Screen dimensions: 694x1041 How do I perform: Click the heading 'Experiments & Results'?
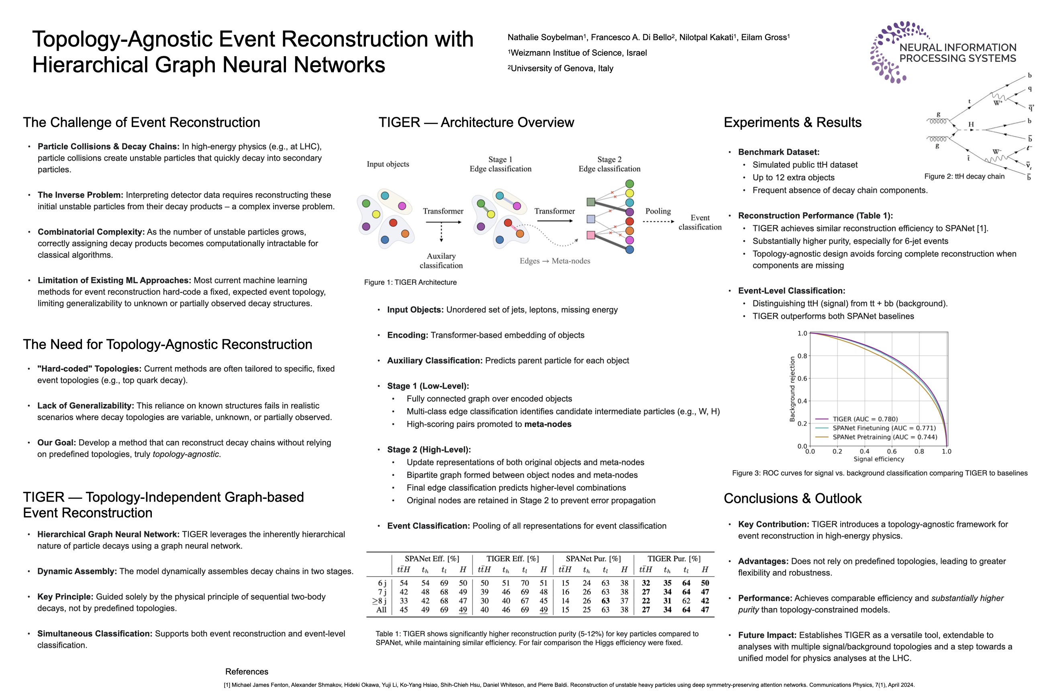coord(792,122)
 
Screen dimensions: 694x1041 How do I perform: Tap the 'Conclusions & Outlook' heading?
coord(792,498)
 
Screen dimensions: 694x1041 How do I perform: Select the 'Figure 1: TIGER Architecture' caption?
coord(410,282)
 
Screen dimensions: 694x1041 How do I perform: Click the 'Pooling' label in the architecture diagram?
coord(658,211)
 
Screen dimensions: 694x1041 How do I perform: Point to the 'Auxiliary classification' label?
coord(441,261)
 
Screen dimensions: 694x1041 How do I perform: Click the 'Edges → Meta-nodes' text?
coord(555,261)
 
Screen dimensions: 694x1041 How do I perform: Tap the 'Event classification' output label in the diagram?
coord(700,222)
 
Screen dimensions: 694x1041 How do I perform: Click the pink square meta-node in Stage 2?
coord(590,235)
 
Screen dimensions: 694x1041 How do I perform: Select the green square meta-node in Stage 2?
coord(590,202)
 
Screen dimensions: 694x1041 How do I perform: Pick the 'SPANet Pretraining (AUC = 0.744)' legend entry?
coord(884,437)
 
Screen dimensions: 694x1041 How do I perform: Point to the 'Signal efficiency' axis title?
coord(879,459)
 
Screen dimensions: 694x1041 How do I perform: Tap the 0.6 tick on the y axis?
coord(802,378)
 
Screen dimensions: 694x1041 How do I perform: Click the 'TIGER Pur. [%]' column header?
coord(674,559)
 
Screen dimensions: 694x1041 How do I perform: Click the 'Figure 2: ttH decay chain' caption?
coord(964,176)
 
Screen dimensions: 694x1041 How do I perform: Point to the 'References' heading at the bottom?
coord(247,672)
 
